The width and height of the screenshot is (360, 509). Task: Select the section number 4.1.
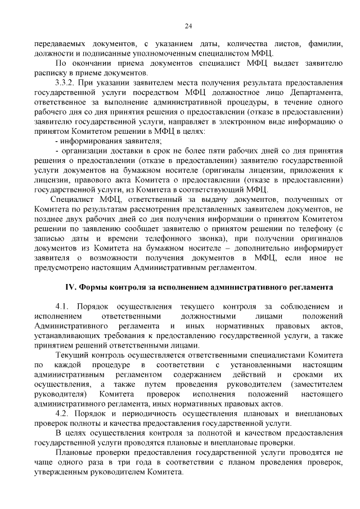64,306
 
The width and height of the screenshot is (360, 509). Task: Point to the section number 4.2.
64,414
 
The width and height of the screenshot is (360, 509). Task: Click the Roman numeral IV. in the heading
70,286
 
